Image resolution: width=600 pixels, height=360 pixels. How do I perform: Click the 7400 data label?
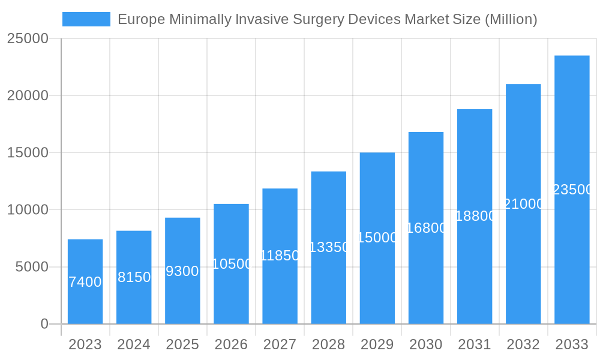(x=85, y=282)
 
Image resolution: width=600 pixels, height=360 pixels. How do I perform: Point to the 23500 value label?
(x=572, y=190)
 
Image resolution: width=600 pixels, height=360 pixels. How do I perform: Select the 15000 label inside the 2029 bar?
(x=377, y=238)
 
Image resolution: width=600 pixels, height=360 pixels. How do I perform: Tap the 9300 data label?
(x=182, y=271)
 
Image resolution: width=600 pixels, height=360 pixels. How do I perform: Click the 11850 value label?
(x=280, y=256)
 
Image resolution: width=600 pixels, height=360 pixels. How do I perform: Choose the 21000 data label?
(x=523, y=204)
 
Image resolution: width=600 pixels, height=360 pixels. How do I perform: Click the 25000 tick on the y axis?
(x=28, y=38)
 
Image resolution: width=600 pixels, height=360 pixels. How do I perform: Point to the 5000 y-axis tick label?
(x=32, y=267)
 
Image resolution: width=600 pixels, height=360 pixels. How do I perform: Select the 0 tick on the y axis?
(x=44, y=324)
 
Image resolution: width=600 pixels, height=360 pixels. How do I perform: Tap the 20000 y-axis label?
(x=28, y=95)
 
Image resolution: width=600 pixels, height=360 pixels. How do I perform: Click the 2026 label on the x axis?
(x=231, y=344)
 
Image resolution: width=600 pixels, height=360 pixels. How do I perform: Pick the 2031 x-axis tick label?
(x=475, y=344)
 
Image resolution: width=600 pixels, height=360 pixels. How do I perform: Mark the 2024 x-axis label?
(x=134, y=344)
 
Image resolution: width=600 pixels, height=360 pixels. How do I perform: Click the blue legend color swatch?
(x=86, y=19)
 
